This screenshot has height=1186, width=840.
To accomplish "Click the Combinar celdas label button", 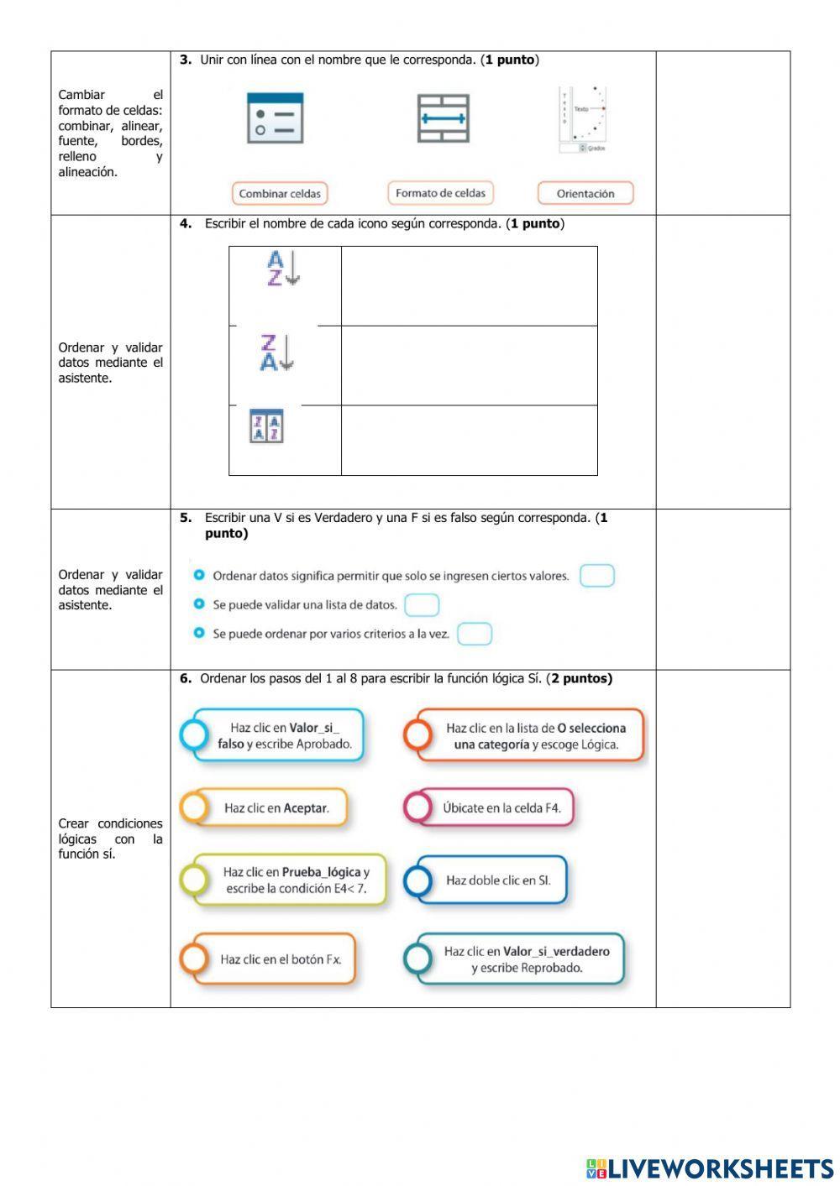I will point(280,194).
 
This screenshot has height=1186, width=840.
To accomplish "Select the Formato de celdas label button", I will point(440,193).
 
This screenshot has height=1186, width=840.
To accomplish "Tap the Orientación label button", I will point(585,194).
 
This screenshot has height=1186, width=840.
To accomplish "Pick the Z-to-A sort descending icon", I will point(276,353).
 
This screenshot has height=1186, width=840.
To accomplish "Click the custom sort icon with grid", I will point(266,426).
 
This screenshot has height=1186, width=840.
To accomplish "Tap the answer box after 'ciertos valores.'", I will point(597,576).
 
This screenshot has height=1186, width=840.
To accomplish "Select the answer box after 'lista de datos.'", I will point(422,605).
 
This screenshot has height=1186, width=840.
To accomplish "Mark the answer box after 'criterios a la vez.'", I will point(475,634).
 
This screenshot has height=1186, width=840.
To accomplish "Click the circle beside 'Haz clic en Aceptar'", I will point(194,807).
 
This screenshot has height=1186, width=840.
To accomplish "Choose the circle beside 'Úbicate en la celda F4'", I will point(417,807).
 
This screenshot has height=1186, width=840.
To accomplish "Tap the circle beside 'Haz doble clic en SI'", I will point(417,880).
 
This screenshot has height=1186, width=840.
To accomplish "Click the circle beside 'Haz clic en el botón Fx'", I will point(194,959).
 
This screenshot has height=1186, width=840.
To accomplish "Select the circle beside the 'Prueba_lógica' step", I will point(194,880).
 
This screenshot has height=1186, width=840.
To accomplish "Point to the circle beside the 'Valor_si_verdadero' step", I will point(417,959).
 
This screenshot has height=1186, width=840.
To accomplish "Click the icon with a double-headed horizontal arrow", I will point(443,118).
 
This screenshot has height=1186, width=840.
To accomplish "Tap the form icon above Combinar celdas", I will point(275,118).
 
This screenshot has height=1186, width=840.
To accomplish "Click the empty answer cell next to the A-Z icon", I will point(469,286).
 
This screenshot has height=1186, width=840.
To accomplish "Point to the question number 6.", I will point(185,679).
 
